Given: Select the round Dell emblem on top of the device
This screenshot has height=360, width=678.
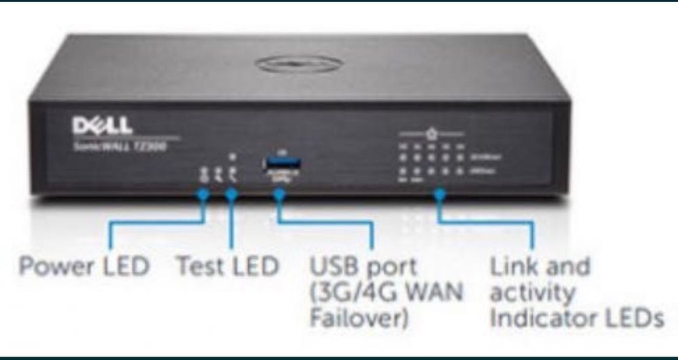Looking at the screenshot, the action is (x=298, y=64).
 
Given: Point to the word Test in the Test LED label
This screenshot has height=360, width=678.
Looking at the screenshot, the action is (x=200, y=266).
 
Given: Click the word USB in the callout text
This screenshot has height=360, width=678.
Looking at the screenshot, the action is (x=332, y=266).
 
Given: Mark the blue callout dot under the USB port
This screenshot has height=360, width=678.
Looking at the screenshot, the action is (x=279, y=195).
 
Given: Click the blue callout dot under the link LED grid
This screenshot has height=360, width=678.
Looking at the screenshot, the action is (x=439, y=195).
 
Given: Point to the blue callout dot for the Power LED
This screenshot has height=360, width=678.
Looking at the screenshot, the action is (x=202, y=195).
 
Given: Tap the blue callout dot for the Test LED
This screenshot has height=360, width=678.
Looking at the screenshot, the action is (x=231, y=195).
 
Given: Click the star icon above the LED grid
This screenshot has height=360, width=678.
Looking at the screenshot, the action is (x=431, y=134).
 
